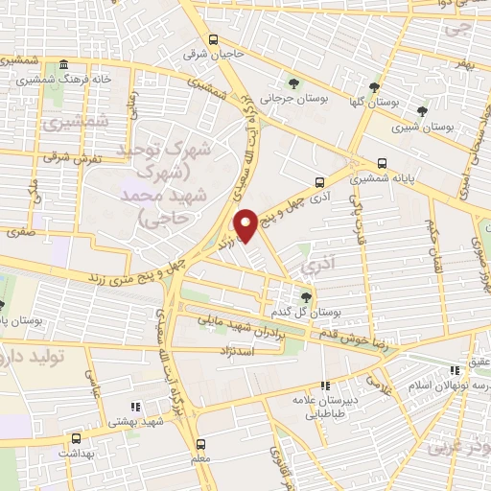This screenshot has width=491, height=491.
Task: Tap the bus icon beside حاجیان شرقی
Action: point(213,40)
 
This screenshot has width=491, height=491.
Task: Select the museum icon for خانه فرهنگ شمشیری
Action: point(63,64)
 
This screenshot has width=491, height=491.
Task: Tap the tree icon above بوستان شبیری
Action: point(422,111)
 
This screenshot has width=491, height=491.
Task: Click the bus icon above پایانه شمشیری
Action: point(383,163)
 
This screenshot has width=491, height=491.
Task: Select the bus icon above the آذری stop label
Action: point(319,179)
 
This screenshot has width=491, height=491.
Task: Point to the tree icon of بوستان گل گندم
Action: point(306,296)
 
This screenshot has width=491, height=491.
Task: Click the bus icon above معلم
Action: point(200,444)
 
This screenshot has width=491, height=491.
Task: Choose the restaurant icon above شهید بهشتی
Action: point(134,406)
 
